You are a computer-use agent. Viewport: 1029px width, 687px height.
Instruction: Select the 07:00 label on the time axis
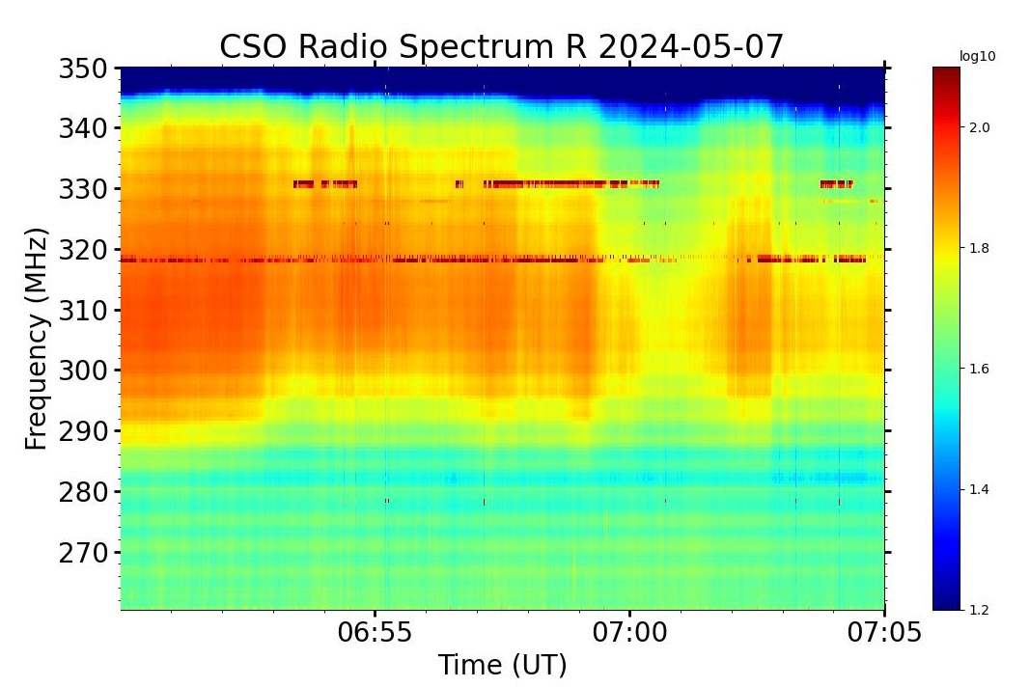tap(629, 633)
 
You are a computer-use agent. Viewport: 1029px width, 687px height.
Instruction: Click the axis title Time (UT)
tap(502, 666)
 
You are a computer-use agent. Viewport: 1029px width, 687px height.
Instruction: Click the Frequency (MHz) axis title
tap(37, 339)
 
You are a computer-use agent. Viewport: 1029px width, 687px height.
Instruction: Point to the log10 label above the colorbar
tap(977, 57)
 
